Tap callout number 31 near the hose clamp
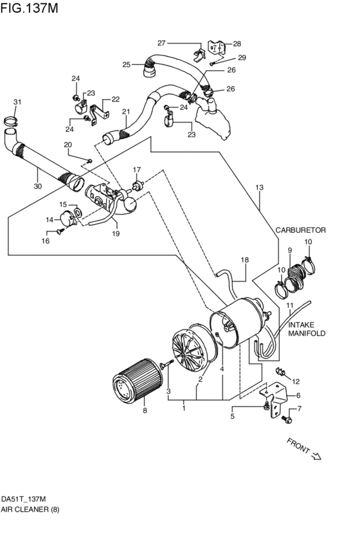point(17,102)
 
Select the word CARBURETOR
point(301,229)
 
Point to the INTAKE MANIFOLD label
point(307,329)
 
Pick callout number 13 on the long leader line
point(259,188)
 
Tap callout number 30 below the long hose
point(38,186)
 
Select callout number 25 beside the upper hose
point(127,64)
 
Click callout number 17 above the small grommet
point(136,170)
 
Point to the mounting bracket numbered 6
point(276,395)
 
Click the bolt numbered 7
point(285,418)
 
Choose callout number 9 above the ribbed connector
point(290,250)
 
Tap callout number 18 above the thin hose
point(244,260)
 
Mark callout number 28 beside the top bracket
point(237,44)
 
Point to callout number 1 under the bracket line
point(184,407)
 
